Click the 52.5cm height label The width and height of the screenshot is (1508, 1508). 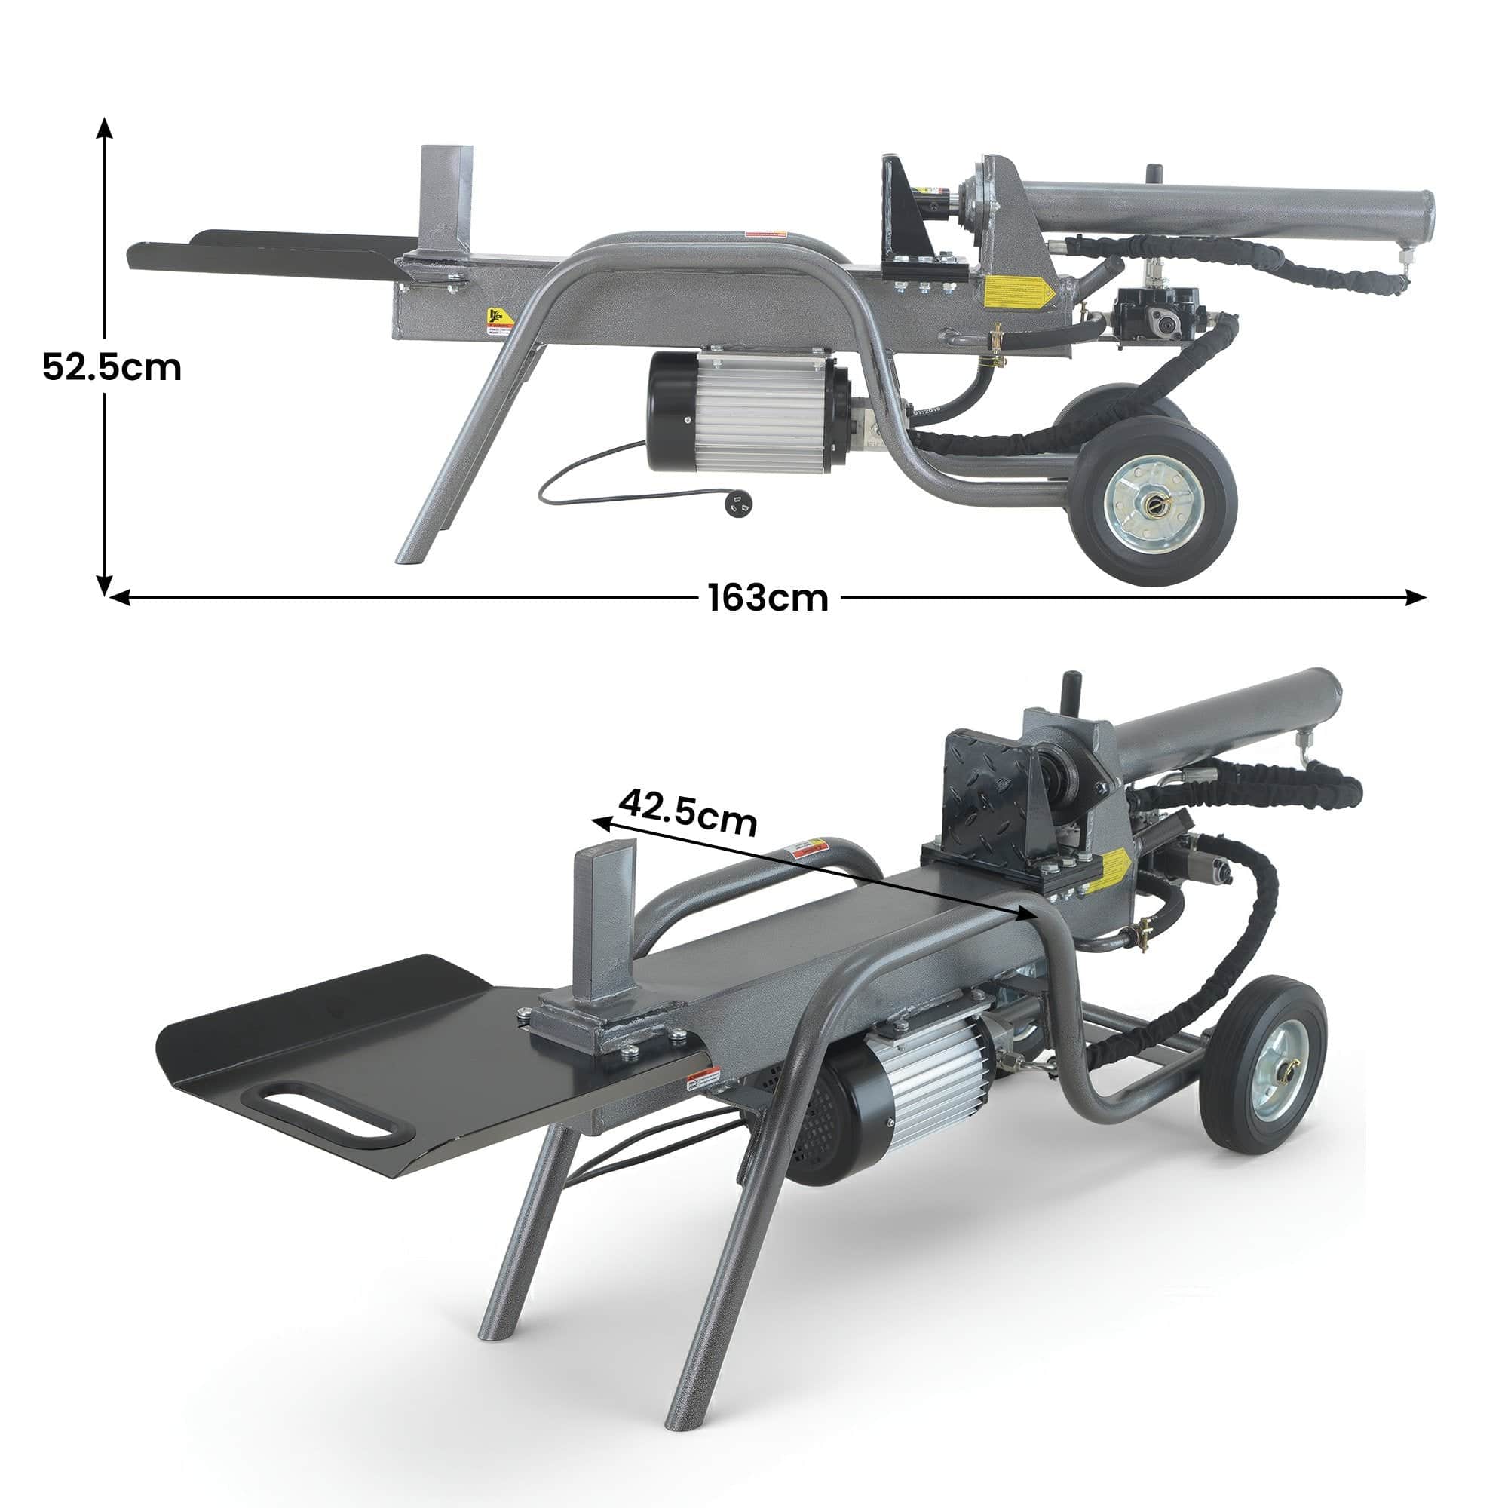[112, 367]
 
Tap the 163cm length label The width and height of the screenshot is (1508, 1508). [768, 598]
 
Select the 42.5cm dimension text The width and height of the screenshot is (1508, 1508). [688, 813]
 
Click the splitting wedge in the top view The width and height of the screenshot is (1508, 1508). [445, 203]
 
